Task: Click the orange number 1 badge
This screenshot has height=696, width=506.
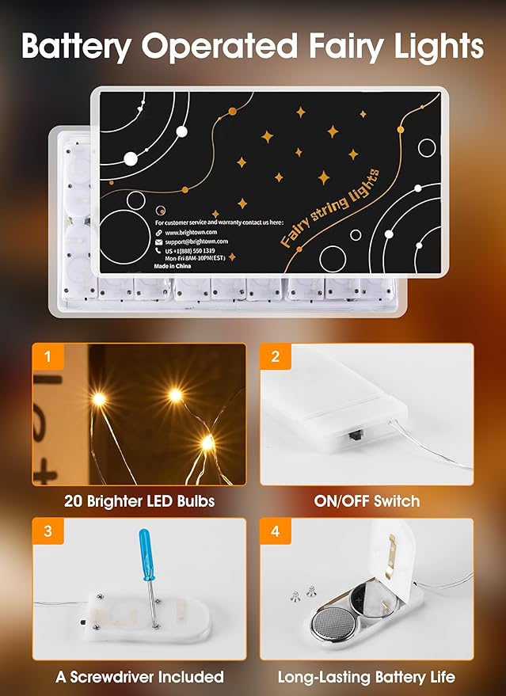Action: tap(48, 356)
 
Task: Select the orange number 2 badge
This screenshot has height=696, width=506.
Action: tap(275, 356)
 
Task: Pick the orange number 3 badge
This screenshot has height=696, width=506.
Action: tap(48, 531)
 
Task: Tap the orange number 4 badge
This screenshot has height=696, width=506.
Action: tap(275, 531)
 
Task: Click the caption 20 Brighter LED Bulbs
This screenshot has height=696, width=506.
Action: tap(139, 501)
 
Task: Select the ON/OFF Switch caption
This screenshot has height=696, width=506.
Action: tap(367, 501)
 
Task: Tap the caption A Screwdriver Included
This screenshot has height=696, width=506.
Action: tap(139, 676)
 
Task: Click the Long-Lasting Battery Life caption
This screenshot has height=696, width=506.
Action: tap(367, 676)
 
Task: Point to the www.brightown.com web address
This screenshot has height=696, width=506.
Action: tap(195, 232)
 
